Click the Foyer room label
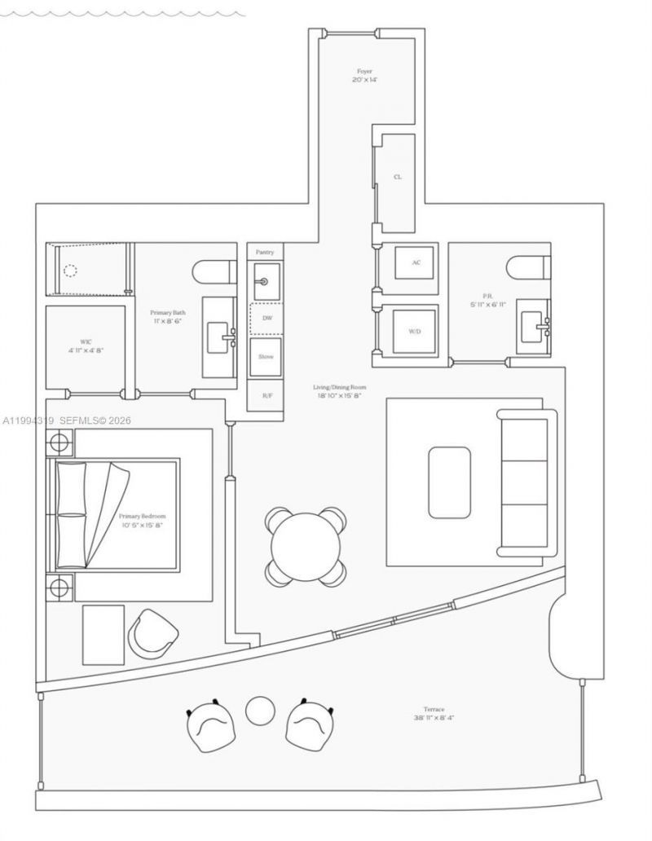coord(364,72)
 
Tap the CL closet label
coord(397,176)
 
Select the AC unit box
coord(416,262)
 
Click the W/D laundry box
coord(416,331)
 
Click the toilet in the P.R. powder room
coord(521,268)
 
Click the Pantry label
coord(265,253)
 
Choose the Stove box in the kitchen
coord(266,357)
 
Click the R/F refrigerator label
coord(267,395)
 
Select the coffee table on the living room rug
coord(449,482)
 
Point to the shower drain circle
coord(71,271)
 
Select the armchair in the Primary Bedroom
coord(153,632)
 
